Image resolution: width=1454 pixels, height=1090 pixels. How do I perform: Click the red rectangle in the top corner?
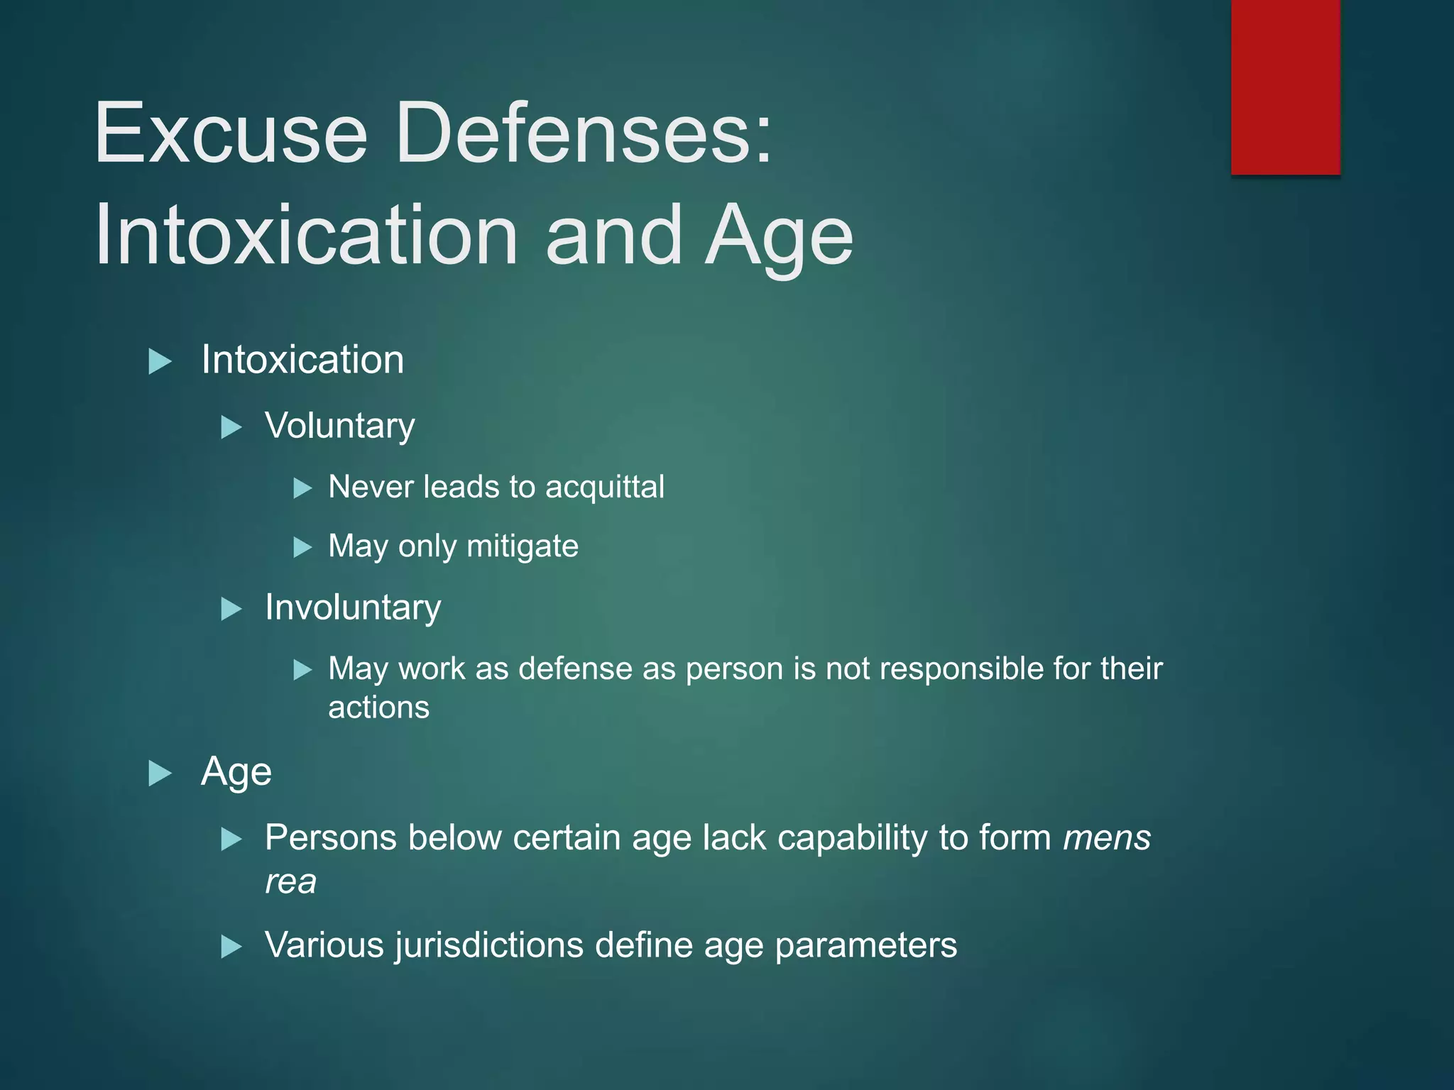[1285, 87]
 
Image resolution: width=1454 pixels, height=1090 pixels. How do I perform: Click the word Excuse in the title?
[231, 133]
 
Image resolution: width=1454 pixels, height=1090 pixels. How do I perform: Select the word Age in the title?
[779, 236]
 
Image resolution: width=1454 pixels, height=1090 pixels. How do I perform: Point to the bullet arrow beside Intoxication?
[160, 361]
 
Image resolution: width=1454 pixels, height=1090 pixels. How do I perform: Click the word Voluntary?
[339, 426]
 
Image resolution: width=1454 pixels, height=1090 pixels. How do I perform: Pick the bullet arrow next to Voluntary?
[231, 427]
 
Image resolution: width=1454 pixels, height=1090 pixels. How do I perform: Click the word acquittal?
[604, 487]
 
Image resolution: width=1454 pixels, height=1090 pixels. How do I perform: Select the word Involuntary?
[353, 607]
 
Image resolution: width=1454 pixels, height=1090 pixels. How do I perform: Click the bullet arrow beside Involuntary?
[231, 609]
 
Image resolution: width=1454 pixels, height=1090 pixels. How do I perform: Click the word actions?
[378, 708]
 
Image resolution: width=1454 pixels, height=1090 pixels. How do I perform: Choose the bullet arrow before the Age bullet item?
[160, 773]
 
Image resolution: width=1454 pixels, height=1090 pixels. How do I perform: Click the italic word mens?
[1106, 838]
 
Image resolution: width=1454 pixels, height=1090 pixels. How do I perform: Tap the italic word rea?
[290, 882]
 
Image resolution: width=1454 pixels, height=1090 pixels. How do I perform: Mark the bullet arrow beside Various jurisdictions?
[231, 947]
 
